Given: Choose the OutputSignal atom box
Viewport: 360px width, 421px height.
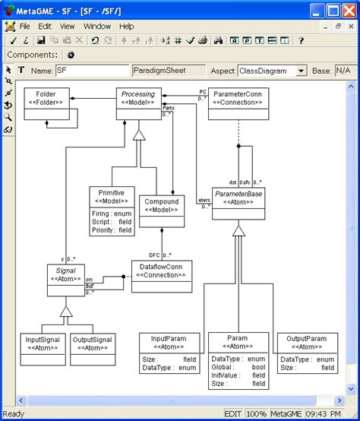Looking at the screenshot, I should point(93,344).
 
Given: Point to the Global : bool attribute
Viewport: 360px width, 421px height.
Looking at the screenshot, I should point(237,366).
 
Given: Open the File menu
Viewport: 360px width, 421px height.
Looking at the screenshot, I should point(24,26).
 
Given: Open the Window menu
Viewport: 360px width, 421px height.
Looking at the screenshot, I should point(96,26).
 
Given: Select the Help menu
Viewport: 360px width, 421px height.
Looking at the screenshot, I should point(126,26).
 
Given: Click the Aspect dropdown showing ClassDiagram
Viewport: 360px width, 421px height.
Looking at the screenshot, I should point(271,71).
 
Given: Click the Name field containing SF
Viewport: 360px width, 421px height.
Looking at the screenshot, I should point(91,71).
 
